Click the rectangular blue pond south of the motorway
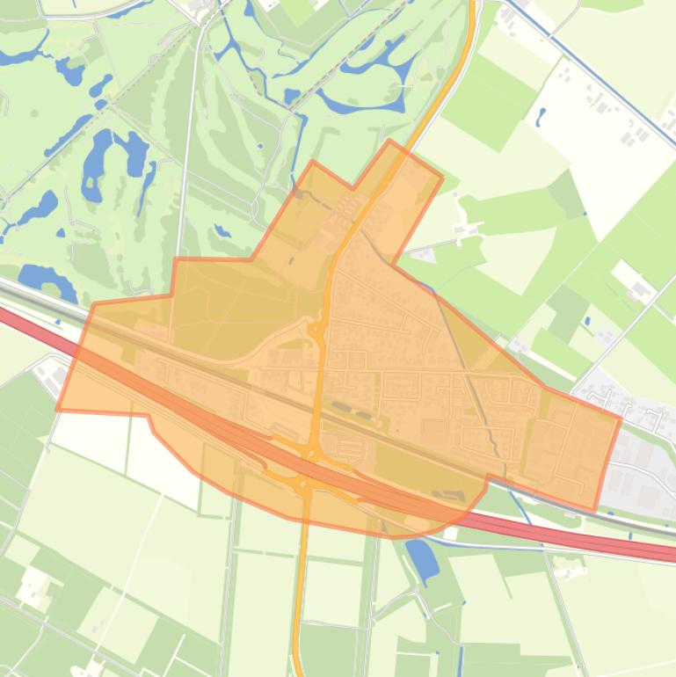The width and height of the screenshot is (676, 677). pyautogui.click(x=422, y=559)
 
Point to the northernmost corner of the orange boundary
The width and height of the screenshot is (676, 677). pyautogui.click(x=389, y=141)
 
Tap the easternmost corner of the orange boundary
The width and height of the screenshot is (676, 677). pyautogui.click(x=620, y=419)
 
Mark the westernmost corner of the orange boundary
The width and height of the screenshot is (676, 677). pyautogui.click(x=57, y=410)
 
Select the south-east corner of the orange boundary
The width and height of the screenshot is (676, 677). pyautogui.click(x=595, y=510)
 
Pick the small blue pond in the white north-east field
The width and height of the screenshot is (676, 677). pyautogui.click(x=540, y=116)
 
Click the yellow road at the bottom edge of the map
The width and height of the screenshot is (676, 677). pyautogui.click(x=298, y=659)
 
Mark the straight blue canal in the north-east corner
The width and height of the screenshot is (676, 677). pyautogui.click(x=607, y=89)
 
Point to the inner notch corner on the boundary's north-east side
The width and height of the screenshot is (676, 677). pyautogui.click(x=392, y=263)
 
